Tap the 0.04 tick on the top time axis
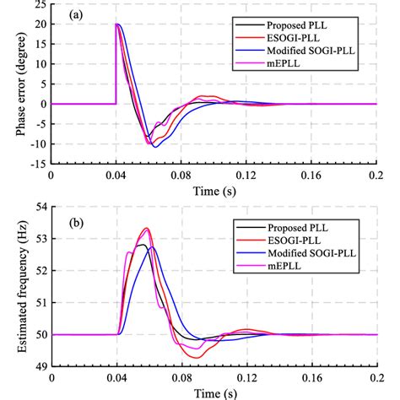pos(116,179)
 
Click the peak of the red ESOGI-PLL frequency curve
pos(147,228)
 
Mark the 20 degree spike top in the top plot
pos(116,25)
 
